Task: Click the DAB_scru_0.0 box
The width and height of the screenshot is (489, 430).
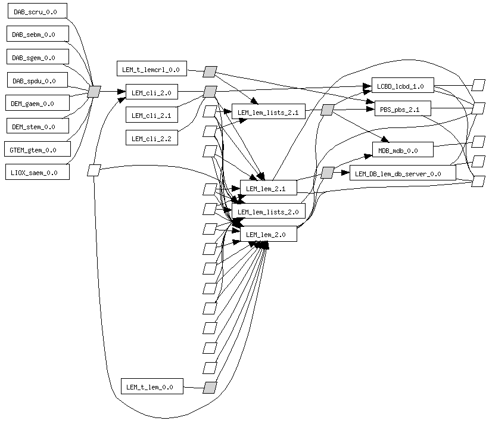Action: click(x=36, y=11)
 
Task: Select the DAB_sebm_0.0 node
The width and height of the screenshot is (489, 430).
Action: click(x=36, y=34)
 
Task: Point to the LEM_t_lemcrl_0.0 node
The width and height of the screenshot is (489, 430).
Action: click(x=152, y=69)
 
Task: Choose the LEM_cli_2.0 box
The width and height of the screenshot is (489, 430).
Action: click(x=151, y=92)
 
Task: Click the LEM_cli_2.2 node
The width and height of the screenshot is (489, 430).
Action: click(x=151, y=138)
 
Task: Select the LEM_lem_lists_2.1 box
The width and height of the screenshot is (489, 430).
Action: click(x=268, y=111)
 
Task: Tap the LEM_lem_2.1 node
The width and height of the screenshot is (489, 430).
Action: click(x=267, y=189)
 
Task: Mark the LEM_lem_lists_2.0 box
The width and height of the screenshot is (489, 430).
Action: click(x=268, y=211)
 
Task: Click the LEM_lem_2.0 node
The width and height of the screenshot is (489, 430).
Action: click(x=267, y=234)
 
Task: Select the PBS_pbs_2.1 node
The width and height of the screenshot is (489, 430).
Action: click(x=402, y=110)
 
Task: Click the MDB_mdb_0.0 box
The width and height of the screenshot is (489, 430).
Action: click(x=402, y=150)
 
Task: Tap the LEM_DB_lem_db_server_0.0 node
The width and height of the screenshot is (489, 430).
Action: click(x=402, y=173)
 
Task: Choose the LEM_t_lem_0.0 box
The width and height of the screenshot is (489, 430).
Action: click(x=151, y=387)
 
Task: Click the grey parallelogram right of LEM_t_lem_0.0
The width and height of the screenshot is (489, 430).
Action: click(x=209, y=387)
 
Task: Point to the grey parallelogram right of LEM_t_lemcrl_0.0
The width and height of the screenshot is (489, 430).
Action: click(x=209, y=71)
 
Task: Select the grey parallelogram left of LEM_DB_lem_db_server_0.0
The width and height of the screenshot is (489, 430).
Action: click(x=327, y=173)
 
